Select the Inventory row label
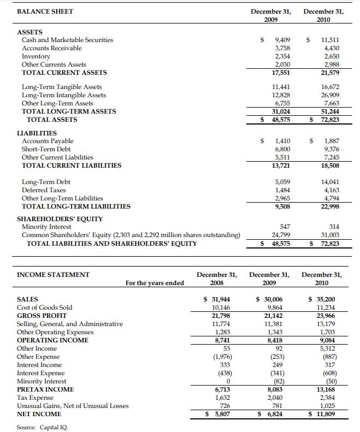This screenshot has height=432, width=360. click(36, 56)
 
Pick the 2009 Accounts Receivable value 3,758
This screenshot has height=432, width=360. click(282, 48)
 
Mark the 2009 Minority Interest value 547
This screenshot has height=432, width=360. click(285, 227)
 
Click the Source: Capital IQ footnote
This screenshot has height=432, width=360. click(42, 427)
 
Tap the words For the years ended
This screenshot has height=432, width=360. click(155, 283)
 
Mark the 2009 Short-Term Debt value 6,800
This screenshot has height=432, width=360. click(282, 149)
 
